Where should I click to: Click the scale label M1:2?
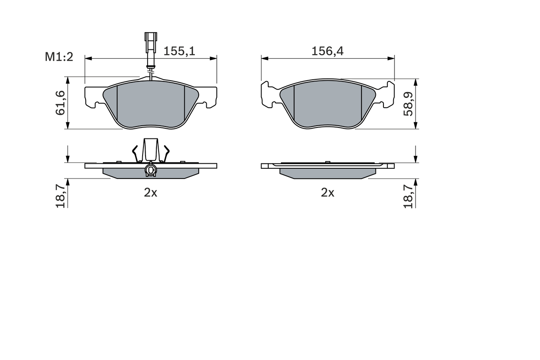[59, 57]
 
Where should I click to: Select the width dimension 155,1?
[179, 51]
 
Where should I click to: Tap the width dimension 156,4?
[327, 51]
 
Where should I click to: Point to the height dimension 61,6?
[60, 103]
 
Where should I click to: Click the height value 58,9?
[408, 104]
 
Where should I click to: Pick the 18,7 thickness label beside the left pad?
[60, 193]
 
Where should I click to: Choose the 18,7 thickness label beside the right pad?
[408, 193]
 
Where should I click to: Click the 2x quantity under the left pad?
[151, 193]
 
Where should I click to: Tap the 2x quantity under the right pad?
[327, 193]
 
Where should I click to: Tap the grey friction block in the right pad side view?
[327, 173]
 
